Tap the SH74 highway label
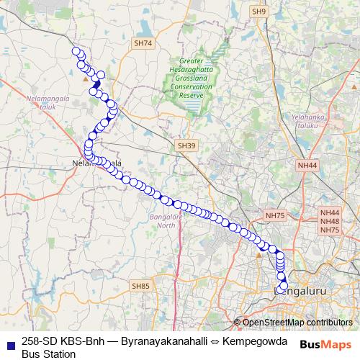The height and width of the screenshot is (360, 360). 143,43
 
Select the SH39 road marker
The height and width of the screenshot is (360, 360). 186,145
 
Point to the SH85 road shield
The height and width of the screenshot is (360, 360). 141,286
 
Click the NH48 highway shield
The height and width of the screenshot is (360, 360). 330,221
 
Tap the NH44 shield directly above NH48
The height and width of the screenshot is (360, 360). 330,213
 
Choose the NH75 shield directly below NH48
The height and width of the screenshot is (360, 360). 330,229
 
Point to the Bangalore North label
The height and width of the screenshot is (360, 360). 166,220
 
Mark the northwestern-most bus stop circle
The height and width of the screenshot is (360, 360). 76,51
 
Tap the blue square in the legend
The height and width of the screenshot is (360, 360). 8,341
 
